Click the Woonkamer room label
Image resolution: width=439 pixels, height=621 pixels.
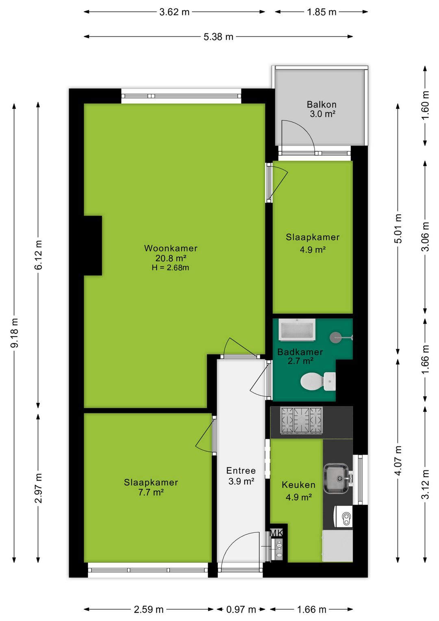pyautogui.click(x=171, y=248)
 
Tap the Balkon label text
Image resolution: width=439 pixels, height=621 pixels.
pyautogui.click(x=322, y=105)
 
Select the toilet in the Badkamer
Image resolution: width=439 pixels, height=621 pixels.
pyautogui.click(x=318, y=381)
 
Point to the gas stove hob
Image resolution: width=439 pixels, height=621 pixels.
pyautogui.click(x=302, y=420)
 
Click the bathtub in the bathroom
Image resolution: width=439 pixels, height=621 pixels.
pyautogui.click(x=297, y=330)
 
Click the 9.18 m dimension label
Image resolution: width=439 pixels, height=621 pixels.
pyautogui.click(x=14, y=333)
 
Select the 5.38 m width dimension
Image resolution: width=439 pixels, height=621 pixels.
pyautogui.click(x=219, y=37)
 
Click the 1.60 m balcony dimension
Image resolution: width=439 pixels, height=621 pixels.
pyautogui.click(x=425, y=105)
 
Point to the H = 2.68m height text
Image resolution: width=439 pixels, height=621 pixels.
pyautogui.click(x=170, y=267)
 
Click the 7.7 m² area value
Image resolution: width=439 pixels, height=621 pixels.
pyautogui.click(x=151, y=493)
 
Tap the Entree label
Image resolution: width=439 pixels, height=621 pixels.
pyautogui.click(x=241, y=470)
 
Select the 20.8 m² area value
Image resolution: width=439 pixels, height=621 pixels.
pyautogui.click(x=171, y=258)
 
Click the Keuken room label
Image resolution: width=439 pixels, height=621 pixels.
pyautogui.click(x=299, y=485)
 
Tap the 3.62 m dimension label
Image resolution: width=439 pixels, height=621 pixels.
pyautogui.click(x=174, y=12)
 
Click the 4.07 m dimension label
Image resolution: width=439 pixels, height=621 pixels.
pyautogui.click(x=398, y=461)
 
